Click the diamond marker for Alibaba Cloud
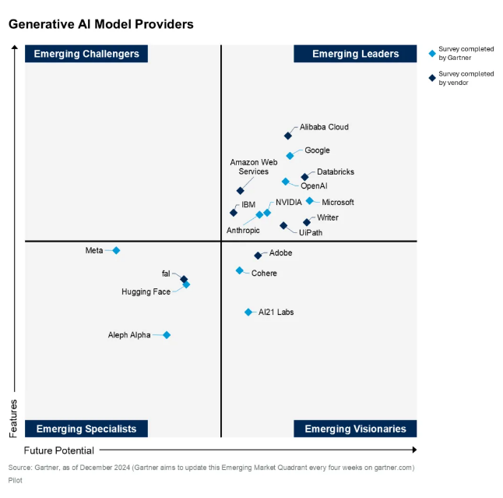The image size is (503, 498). [x=288, y=136]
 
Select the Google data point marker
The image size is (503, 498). [x=290, y=156]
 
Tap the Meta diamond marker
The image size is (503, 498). [x=117, y=250]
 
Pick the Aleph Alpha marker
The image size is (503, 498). [x=167, y=335]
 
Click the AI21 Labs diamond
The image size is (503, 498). [x=248, y=312]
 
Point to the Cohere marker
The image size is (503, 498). [x=240, y=270]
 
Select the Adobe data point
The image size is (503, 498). [x=258, y=255]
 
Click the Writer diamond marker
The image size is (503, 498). [x=307, y=222]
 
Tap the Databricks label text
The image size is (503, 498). [x=336, y=171]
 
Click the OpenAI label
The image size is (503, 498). [x=314, y=186]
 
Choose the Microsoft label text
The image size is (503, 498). [x=338, y=203]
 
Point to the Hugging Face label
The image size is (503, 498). [x=146, y=292]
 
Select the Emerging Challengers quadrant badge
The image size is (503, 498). [x=87, y=54]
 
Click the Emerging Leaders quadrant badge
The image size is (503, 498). [x=355, y=54]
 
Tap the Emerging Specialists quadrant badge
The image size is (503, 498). [x=86, y=429]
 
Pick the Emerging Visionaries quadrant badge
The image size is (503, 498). [x=355, y=429]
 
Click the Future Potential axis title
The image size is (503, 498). [x=59, y=450]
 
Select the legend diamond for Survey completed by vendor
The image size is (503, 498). [x=433, y=77]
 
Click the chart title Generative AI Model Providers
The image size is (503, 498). [x=101, y=25]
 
